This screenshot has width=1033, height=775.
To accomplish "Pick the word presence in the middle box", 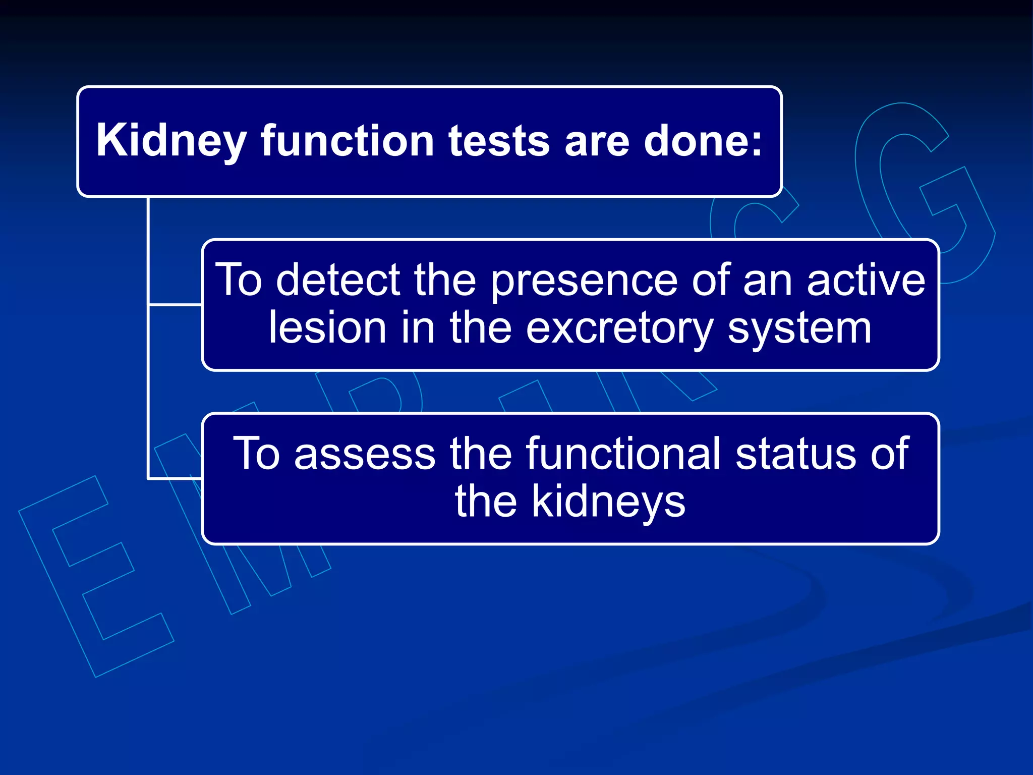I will coord(584,281).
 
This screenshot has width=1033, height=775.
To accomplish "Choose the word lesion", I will coord(327,328).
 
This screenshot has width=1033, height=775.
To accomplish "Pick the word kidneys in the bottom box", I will coord(608,502).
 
